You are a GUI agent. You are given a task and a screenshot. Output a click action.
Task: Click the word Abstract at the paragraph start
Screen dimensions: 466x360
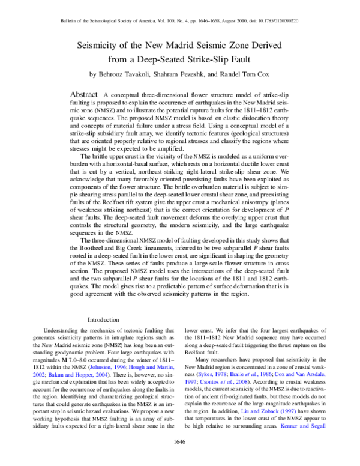coord(85,95)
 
